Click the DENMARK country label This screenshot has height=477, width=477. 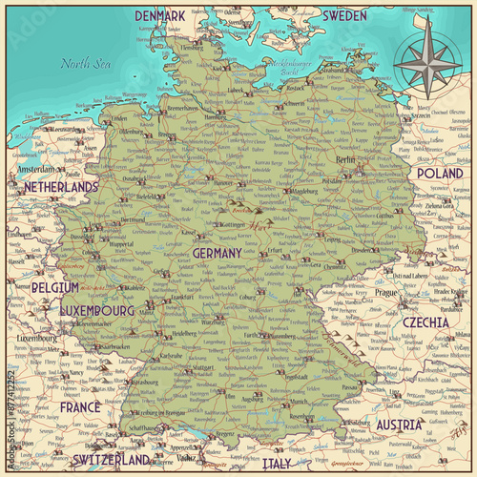160,16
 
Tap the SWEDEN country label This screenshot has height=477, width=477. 343,16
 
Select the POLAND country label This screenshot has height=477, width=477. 439,175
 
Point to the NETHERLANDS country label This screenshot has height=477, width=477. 61,187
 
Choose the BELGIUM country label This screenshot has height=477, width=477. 54,287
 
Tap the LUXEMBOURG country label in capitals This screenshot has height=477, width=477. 96,311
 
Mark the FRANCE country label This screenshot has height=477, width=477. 80,406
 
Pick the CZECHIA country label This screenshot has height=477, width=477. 425,322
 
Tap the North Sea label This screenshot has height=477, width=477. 81,65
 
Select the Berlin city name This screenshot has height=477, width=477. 345,161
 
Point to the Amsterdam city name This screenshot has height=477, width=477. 36,169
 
